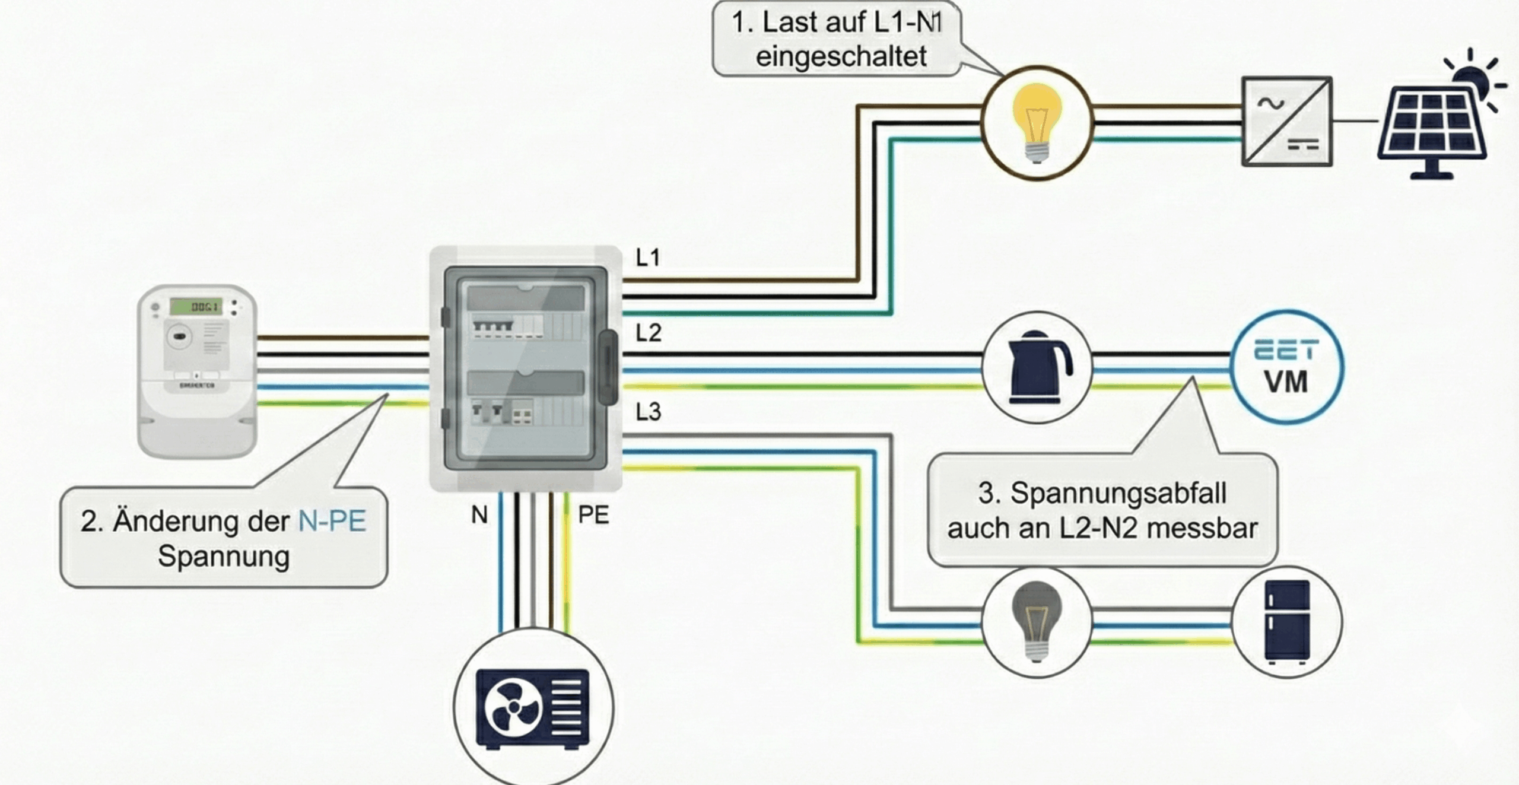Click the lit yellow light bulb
(1037, 122)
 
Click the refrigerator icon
(1286, 621)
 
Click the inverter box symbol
(1287, 122)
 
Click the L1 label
(647, 258)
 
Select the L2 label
(648, 333)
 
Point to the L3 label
(648, 412)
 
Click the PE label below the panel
(593, 515)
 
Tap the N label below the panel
(479, 515)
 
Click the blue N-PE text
(332, 522)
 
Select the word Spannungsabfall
(1118, 494)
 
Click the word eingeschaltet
(841, 57)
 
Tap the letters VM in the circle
(1286, 382)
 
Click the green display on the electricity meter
(196, 306)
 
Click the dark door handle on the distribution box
(608, 367)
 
